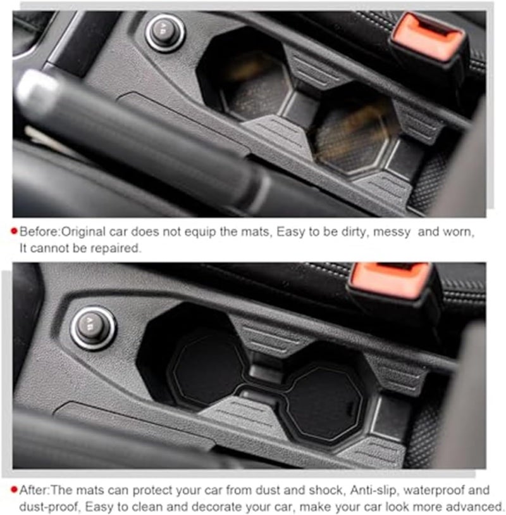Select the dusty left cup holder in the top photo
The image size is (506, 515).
253,89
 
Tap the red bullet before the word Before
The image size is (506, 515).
15,232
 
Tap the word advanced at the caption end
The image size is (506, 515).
475,506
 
